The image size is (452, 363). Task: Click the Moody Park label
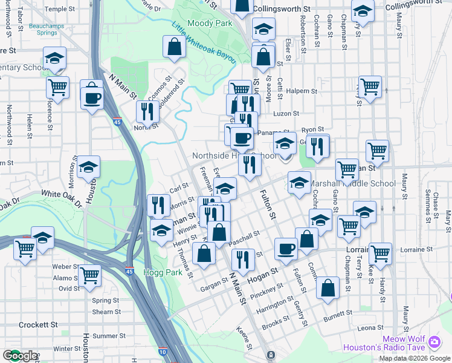pos(210,23)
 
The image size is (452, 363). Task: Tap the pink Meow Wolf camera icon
pos(434,342)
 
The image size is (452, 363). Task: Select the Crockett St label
pos(37,324)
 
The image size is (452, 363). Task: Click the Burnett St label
pos(337,316)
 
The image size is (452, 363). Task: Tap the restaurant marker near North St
pos(147,111)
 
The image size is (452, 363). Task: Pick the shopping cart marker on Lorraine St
pos(380,254)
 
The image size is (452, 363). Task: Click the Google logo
pos(20,356)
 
